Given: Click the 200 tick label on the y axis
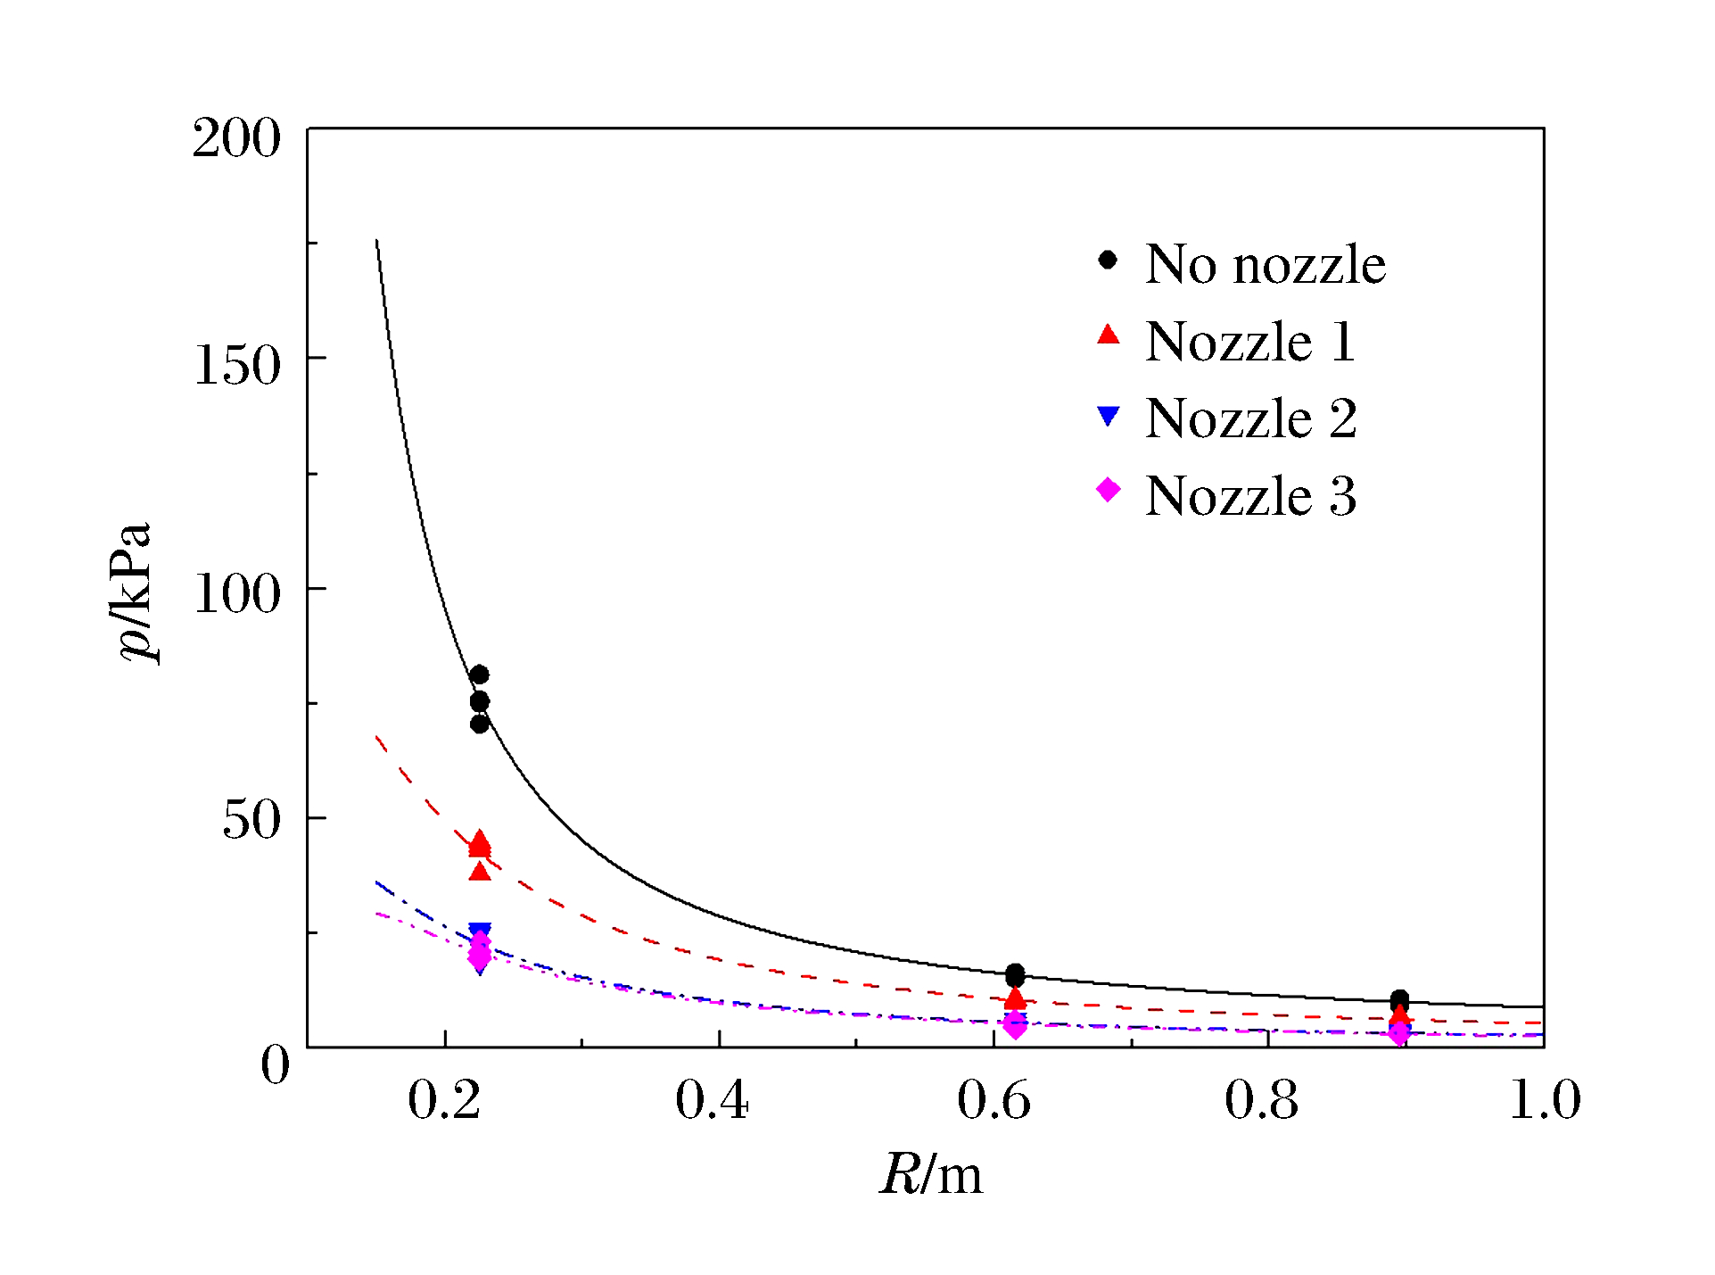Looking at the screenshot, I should (x=236, y=139).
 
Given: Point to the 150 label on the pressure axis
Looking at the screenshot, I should (x=236, y=365).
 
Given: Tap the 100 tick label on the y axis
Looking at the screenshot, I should (x=236, y=594).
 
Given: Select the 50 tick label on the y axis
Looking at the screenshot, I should (x=251, y=820).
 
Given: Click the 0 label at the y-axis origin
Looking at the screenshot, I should (x=276, y=1065).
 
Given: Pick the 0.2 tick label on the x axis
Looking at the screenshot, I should (x=444, y=1100).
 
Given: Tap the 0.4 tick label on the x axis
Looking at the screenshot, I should (x=712, y=1100).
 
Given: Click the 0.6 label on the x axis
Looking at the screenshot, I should (x=994, y=1100).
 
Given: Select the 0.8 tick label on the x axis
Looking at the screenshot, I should (x=1261, y=1100).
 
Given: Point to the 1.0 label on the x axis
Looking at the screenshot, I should (x=1545, y=1100).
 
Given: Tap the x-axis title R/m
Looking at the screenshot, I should (x=931, y=1174).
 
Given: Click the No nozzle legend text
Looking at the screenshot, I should (x=1265, y=264).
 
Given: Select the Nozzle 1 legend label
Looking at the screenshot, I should (x=1250, y=342).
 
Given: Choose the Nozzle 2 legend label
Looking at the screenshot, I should (x=1250, y=418).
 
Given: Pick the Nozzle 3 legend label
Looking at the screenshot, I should (x=1250, y=496).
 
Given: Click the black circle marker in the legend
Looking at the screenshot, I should (x=1108, y=260).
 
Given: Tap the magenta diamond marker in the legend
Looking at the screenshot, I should (x=1108, y=489).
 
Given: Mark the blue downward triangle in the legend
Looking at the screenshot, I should (x=1108, y=416).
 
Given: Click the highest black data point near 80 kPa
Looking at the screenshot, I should (x=479, y=675).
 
